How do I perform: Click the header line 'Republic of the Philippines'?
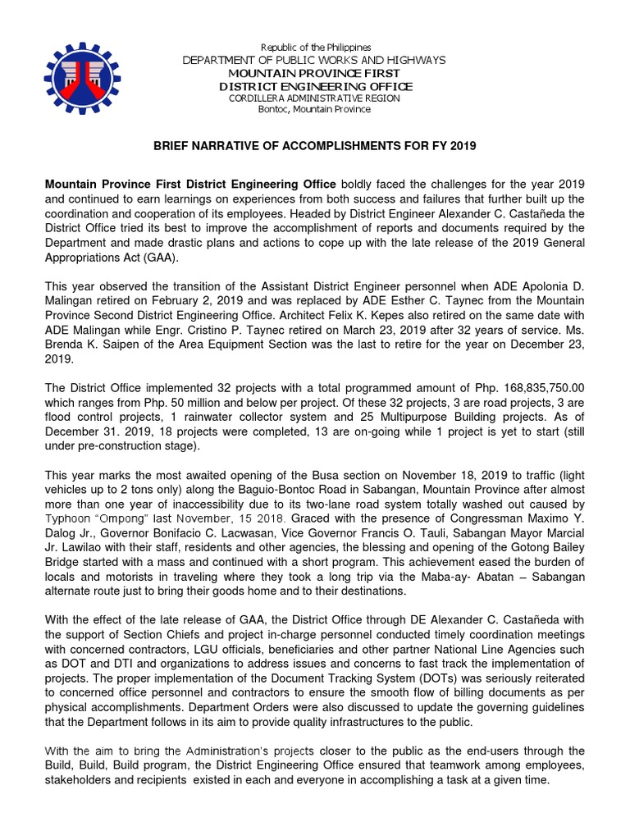pos(315,48)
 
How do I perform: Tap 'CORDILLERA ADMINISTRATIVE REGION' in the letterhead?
pos(315,98)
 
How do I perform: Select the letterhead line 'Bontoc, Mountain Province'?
pos(315,109)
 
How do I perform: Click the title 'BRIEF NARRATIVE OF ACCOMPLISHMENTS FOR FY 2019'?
pos(315,145)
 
